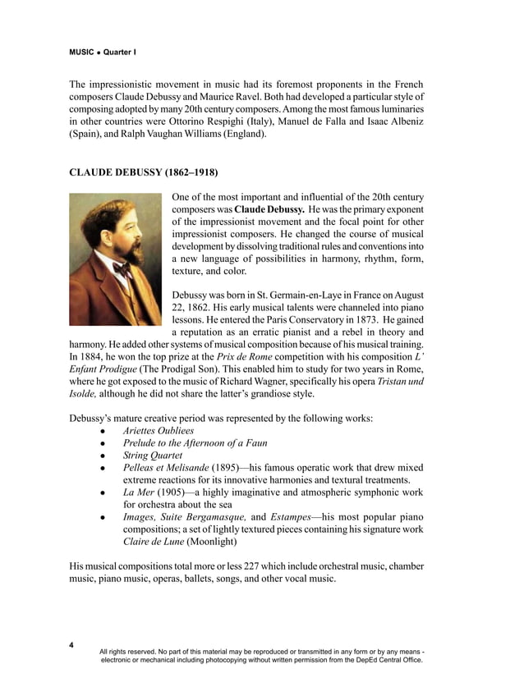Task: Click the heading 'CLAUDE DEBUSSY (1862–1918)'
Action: (x=143, y=173)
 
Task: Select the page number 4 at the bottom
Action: (x=71, y=645)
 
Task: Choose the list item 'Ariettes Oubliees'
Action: (x=159, y=430)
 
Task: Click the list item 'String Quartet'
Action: (x=149, y=454)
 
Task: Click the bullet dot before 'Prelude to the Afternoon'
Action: (x=103, y=442)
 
